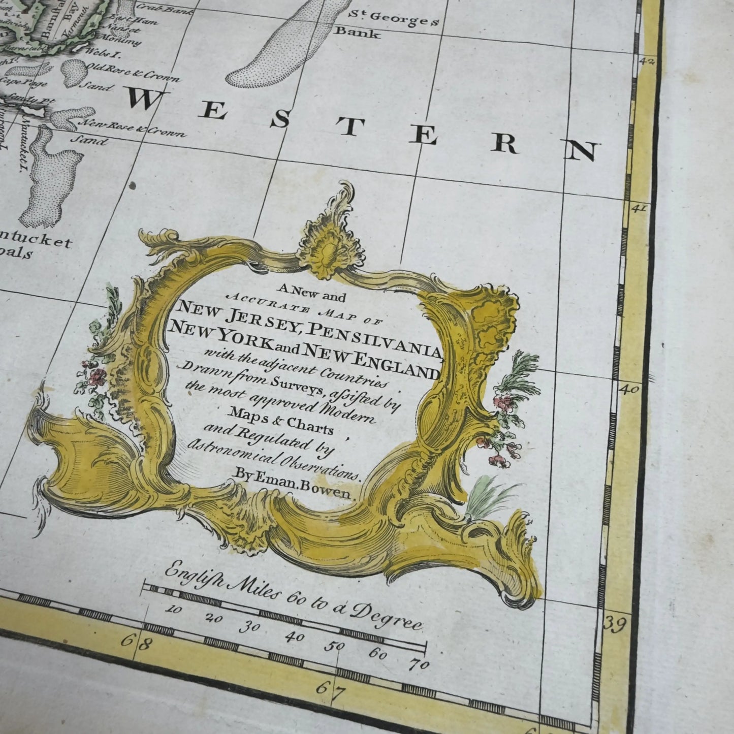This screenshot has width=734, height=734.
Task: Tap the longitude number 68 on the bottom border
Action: coord(137,642)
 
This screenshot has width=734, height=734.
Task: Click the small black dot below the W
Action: coord(133,185)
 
